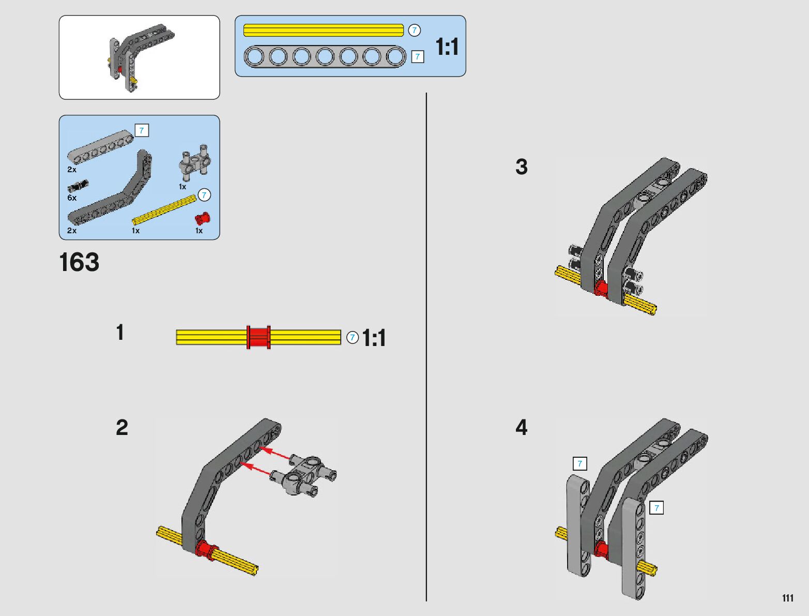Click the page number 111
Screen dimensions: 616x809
coord(787,598)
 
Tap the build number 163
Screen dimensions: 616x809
coord(79,262)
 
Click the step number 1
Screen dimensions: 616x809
coord(120,333)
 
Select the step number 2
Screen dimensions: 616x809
coord(121,428)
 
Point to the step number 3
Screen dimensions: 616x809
coord(521,167)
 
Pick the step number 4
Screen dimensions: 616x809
coord(521,428)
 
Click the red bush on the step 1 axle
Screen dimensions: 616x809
coord(258,337)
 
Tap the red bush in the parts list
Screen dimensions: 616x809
coord(203,218)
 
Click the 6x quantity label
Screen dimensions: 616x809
coord(72,198)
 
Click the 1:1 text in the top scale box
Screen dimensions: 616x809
coord(447,47)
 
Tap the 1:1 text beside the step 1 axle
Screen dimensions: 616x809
coord(374,338)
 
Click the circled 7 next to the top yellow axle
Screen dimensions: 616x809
coord(414,31)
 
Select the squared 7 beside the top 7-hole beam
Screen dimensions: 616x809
coord(418,57)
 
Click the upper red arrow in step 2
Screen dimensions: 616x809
coord(274,454)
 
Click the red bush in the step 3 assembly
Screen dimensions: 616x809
coord(601,288)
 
